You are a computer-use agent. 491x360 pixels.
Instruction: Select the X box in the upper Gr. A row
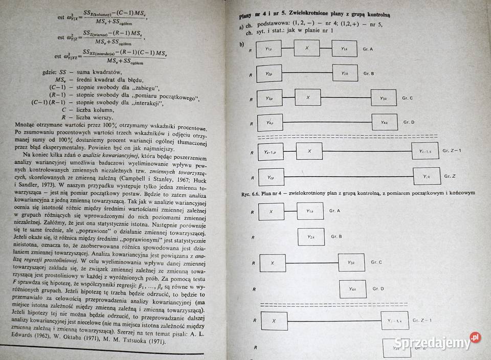click(x=307, y=48)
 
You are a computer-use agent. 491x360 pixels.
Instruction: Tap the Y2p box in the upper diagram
click(x=269, y=74)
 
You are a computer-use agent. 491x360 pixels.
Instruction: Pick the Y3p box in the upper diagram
click(x=269, y=98)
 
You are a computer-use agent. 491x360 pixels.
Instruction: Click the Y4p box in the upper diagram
click(x=269, y=123)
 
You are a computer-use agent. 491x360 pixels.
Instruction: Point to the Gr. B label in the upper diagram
click(x=369, y=74)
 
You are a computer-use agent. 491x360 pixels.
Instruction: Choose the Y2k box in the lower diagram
click(x=311, y=237)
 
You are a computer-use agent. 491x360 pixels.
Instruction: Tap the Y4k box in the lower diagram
click(x=352, y=289)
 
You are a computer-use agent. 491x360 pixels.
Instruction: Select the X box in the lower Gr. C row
click(x=273, y=263)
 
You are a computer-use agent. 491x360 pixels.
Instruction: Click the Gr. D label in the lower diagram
click(x=378, y=289)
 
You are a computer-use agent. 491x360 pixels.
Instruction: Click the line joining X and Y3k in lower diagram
click(x=312, y=263)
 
